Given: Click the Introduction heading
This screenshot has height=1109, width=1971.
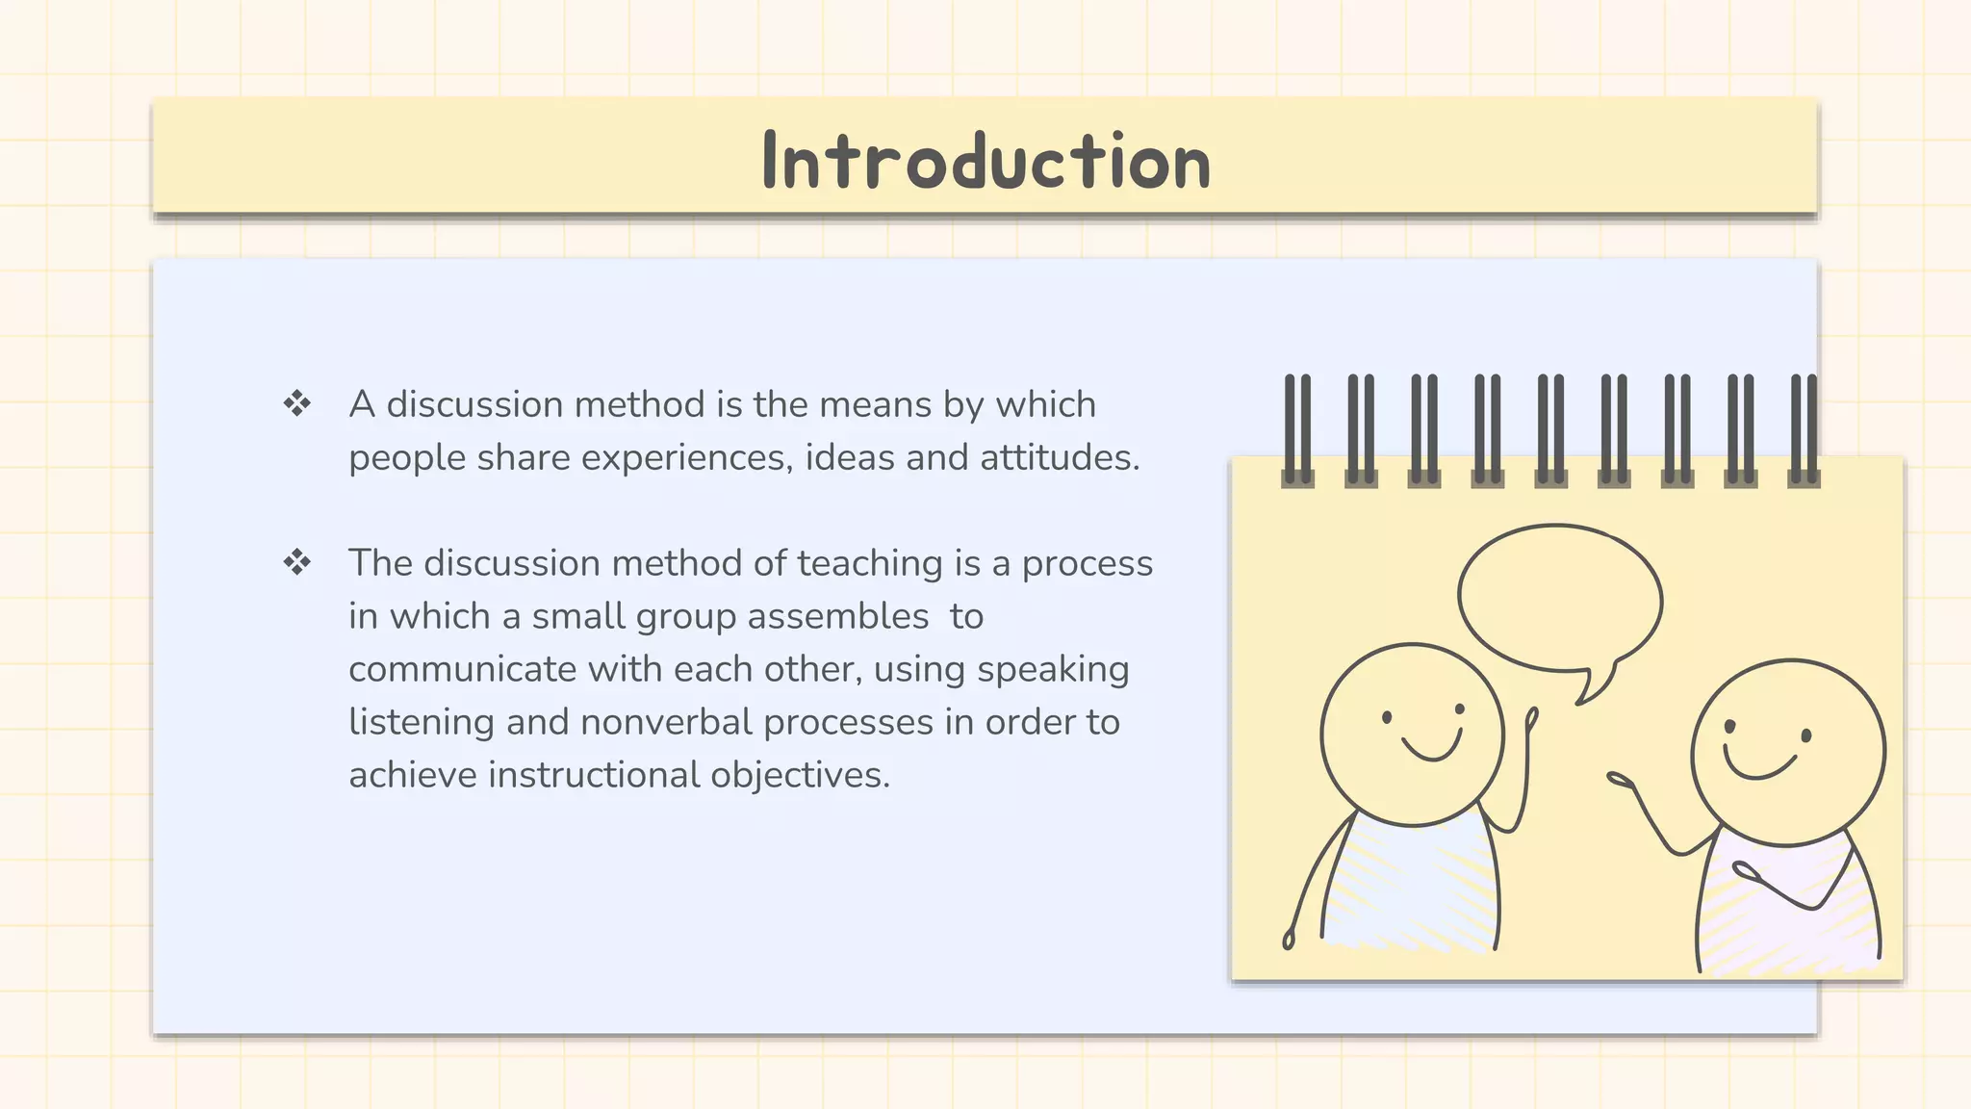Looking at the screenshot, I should (985, 161).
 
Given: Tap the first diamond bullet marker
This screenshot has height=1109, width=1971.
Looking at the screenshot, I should (297, 403).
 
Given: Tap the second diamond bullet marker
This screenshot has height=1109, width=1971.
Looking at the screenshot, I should (297, 562).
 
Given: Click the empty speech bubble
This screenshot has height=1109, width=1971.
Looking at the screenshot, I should (1559, 599).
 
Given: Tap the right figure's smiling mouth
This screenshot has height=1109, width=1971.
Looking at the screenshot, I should (1759, 766).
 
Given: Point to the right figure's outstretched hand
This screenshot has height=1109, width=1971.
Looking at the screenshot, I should (1620, 780).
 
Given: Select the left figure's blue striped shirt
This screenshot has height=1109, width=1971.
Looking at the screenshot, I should (1411, 886).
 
